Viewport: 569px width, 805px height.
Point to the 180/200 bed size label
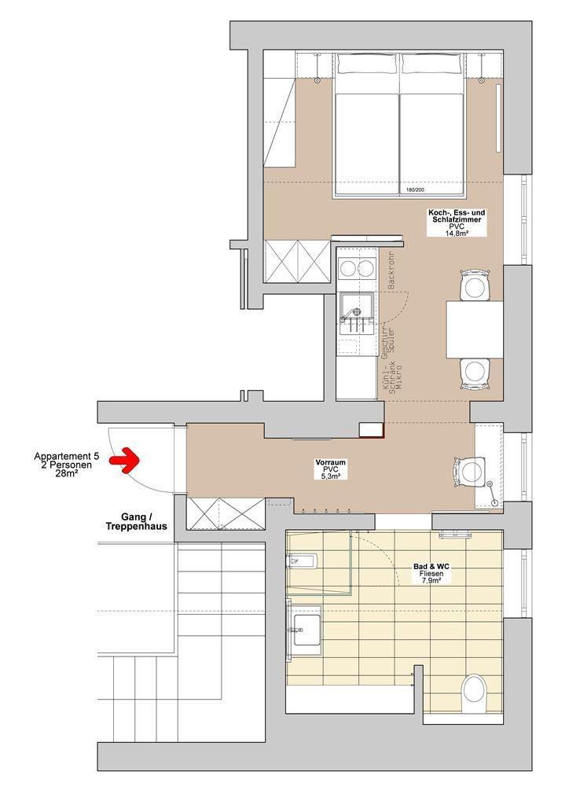click(x=415, y=190)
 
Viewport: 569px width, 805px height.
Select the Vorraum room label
click(x=330, y=462)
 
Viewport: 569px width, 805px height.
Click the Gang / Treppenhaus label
click(x=136, y=522)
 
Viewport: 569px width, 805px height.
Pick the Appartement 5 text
click(x=67, y=456)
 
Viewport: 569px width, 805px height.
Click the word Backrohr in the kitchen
click(x=391, y=270)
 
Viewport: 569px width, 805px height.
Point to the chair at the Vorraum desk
click(x=469, y=470)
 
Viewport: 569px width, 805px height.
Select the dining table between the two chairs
click(x=474, y=329)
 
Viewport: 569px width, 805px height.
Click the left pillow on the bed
click(x=367, y=64)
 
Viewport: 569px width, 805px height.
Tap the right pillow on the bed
click(x=432, y=64)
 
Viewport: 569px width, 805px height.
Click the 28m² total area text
click(x=67, y=474)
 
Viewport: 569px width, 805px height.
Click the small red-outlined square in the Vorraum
click(x=371, y=430)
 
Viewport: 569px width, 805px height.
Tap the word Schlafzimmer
click(x=457, y=219)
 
